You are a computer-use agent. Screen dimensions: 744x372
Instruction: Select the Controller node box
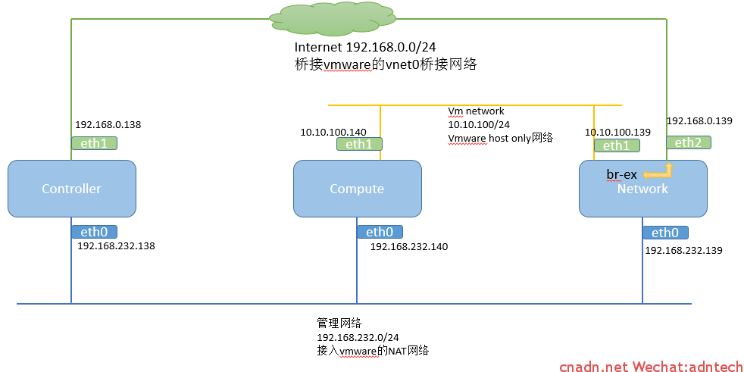(72, 189)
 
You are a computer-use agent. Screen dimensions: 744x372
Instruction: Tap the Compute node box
(358, 189)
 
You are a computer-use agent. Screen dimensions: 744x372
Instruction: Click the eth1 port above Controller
(94, 143)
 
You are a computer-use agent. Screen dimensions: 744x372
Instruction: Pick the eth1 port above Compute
(359, 144)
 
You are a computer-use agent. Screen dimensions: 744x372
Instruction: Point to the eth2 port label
(689, 142)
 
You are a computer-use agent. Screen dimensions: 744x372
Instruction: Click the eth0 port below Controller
(94, 232)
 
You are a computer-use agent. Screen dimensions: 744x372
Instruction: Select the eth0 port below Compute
(380, 232)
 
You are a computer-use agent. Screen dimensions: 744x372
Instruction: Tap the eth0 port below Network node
(665, 233)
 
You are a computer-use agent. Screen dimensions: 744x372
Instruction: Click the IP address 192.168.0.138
(108, 125)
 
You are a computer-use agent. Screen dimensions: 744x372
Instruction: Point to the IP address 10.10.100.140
(333, 133)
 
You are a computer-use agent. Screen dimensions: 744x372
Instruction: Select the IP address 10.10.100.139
(617, 133)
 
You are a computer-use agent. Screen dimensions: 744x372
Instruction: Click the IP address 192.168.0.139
(699, 120)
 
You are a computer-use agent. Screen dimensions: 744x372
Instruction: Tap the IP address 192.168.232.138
(116, 246)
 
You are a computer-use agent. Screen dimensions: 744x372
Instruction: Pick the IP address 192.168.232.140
(409, 247)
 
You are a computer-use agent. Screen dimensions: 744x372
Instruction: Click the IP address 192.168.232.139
(683, 250)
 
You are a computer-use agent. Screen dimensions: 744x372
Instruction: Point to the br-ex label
(621, 174)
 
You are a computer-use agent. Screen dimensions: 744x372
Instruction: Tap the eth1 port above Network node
(617, 145)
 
